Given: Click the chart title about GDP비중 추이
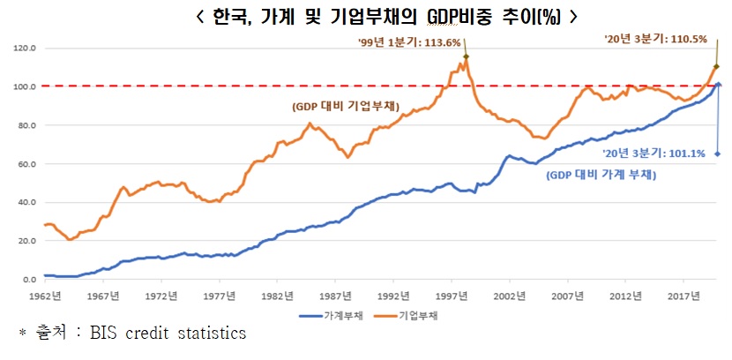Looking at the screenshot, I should coord(366,17).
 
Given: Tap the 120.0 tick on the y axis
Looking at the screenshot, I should coord(26,49).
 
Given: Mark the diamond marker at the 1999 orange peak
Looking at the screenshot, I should coord(466,57).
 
